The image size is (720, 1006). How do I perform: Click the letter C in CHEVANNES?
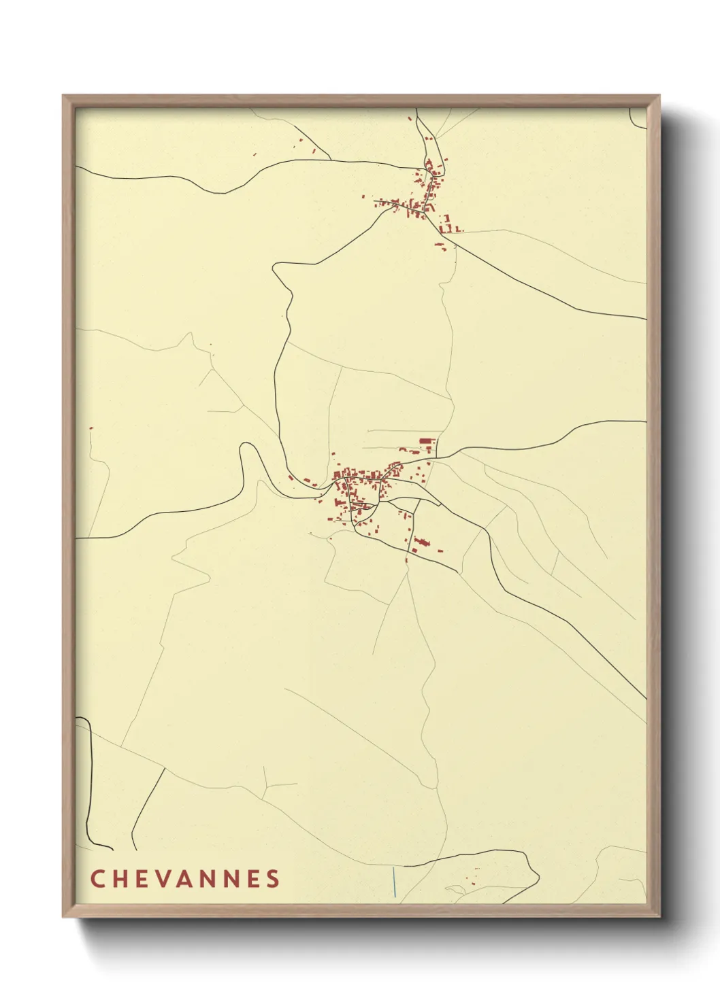97,878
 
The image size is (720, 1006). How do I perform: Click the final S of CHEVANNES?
273,878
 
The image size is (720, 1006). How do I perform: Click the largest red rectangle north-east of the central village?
427,442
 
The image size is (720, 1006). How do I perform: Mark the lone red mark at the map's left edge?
91,428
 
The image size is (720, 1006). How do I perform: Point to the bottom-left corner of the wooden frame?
64,916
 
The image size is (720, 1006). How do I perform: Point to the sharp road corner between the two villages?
275,268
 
